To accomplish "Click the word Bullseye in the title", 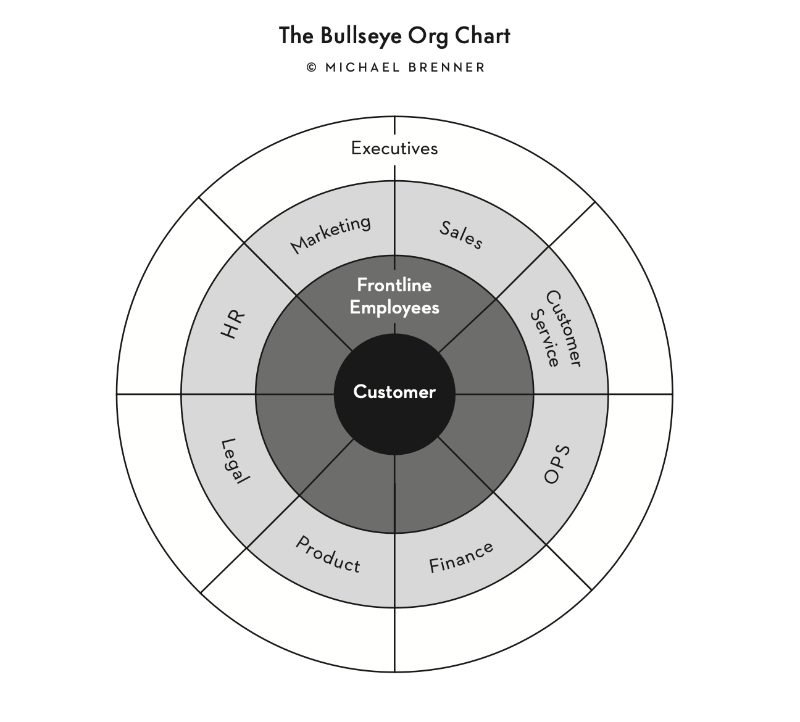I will pyautogui.click(x=354, y=36).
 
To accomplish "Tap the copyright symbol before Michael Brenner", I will pyautogui.click(x=312, y=67).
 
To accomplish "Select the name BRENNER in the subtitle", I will pyautogui.click(x=447, y=67).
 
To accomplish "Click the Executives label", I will pyautogui.click(x=394, y=148).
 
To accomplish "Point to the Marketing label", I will pyautogui.click(x=331, y=234).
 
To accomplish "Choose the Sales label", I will pyautogui.click(x=460, y=235).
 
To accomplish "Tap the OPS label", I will pyautogui.click(x=557, y=464).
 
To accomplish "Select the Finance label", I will pyautogui.click(x=461, y=557).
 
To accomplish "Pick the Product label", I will pyautogui.click(x=328, y=554).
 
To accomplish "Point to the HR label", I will pyautogui.click(x=233, y=324).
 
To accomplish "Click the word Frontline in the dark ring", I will pyautogui.click(x=394, y=285).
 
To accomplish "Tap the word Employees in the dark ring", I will pyautogui.click(x=394, y=307).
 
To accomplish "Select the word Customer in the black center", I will pyautogui.click(x=394, y=392).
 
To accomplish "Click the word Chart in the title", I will pyautogui.click(x=483, y=36).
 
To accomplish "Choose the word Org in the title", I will pyautogui.click(x=428, y=36).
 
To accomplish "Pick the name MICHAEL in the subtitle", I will pyautogui.click(x=362, y=67).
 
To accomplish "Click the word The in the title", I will pyautogui.click(x=296, y=36).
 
